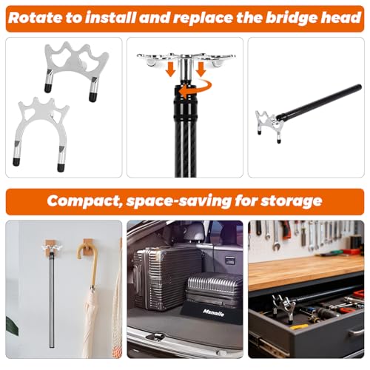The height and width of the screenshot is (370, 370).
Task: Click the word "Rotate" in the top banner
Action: (36, 18)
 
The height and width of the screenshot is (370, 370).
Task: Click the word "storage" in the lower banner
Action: (292, 201)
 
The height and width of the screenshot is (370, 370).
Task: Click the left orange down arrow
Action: (170, 69)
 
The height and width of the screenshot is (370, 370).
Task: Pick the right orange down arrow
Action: (201, 69)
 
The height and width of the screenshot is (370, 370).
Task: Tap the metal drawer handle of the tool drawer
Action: (356, 331)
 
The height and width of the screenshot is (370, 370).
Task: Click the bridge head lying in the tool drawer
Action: (283, 306)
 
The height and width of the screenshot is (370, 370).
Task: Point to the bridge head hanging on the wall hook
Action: (52, 249)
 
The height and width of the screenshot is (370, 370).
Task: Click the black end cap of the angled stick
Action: (358, 87)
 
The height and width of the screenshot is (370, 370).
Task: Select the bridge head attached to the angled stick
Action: (269, 124)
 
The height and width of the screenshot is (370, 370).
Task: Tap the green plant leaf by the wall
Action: (12, 326)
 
